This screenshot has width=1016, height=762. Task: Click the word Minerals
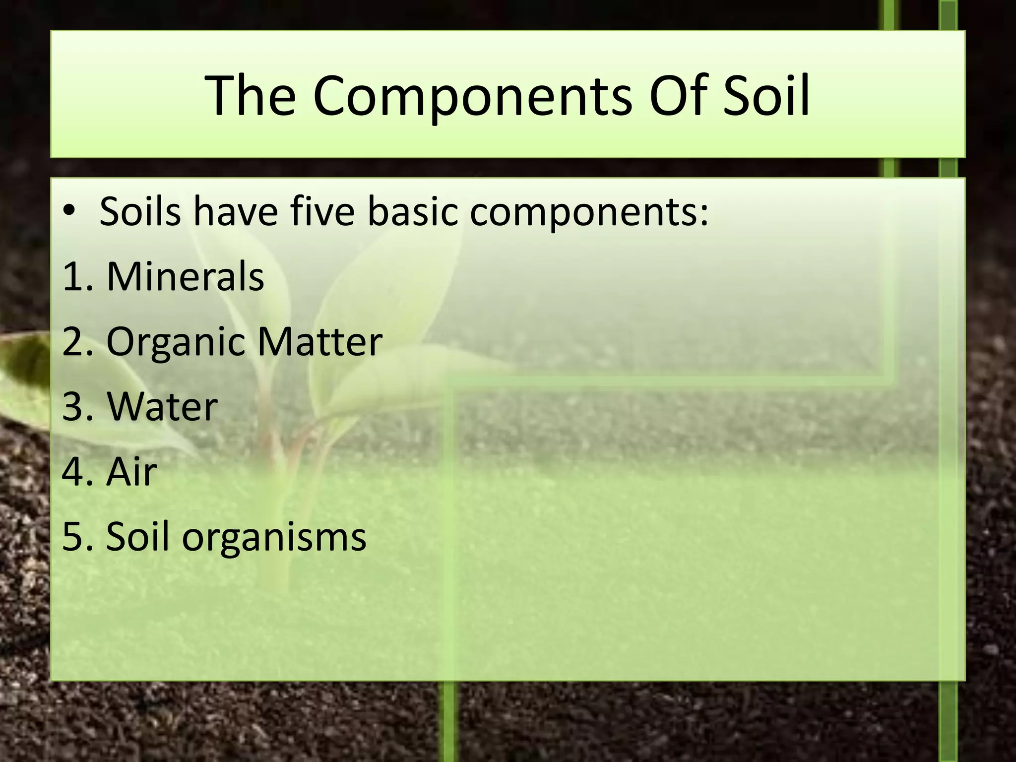185,276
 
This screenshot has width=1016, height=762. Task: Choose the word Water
162,407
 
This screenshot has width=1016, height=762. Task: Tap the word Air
131,472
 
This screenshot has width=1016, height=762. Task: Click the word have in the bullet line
235,212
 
